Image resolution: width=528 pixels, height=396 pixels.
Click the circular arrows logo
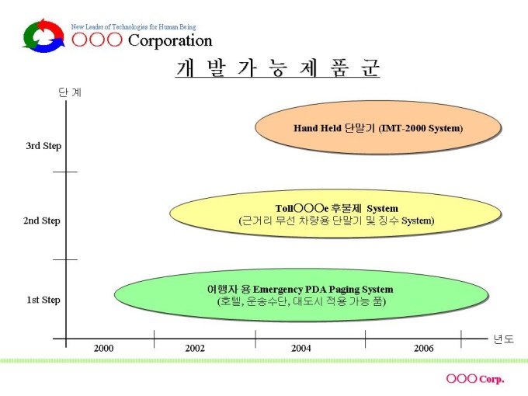coord(43,36)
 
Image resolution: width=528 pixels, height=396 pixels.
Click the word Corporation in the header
coord(169,40)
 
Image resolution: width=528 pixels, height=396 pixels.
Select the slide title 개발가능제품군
coord(277,68)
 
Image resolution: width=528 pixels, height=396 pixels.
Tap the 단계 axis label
coord(70,92)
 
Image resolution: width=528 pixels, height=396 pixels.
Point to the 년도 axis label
coord(503,339)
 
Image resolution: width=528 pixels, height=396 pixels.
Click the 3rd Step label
coord(43,145)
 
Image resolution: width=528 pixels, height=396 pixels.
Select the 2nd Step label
coord(42,221)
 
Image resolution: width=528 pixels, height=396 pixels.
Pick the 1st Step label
coord(43,300)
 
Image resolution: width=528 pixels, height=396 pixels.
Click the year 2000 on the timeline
coord(104,348)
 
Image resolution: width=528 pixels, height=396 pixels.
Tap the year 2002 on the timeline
coord(195,348)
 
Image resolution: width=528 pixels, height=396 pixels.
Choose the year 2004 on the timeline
coord(301,348)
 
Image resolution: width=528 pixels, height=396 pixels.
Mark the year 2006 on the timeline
coord(424,348)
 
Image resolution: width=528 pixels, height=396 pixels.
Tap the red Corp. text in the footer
coord(491,379)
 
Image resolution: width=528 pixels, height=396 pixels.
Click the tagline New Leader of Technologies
coord(134,26)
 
